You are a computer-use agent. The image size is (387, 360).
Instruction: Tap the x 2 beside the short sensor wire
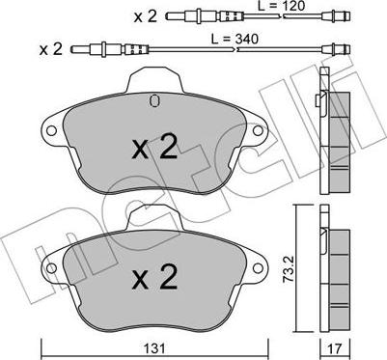[x=144, y=16]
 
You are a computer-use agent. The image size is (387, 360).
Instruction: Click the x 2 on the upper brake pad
[x=155, y=147]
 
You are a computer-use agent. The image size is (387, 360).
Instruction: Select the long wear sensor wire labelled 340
[x=212, y=48]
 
